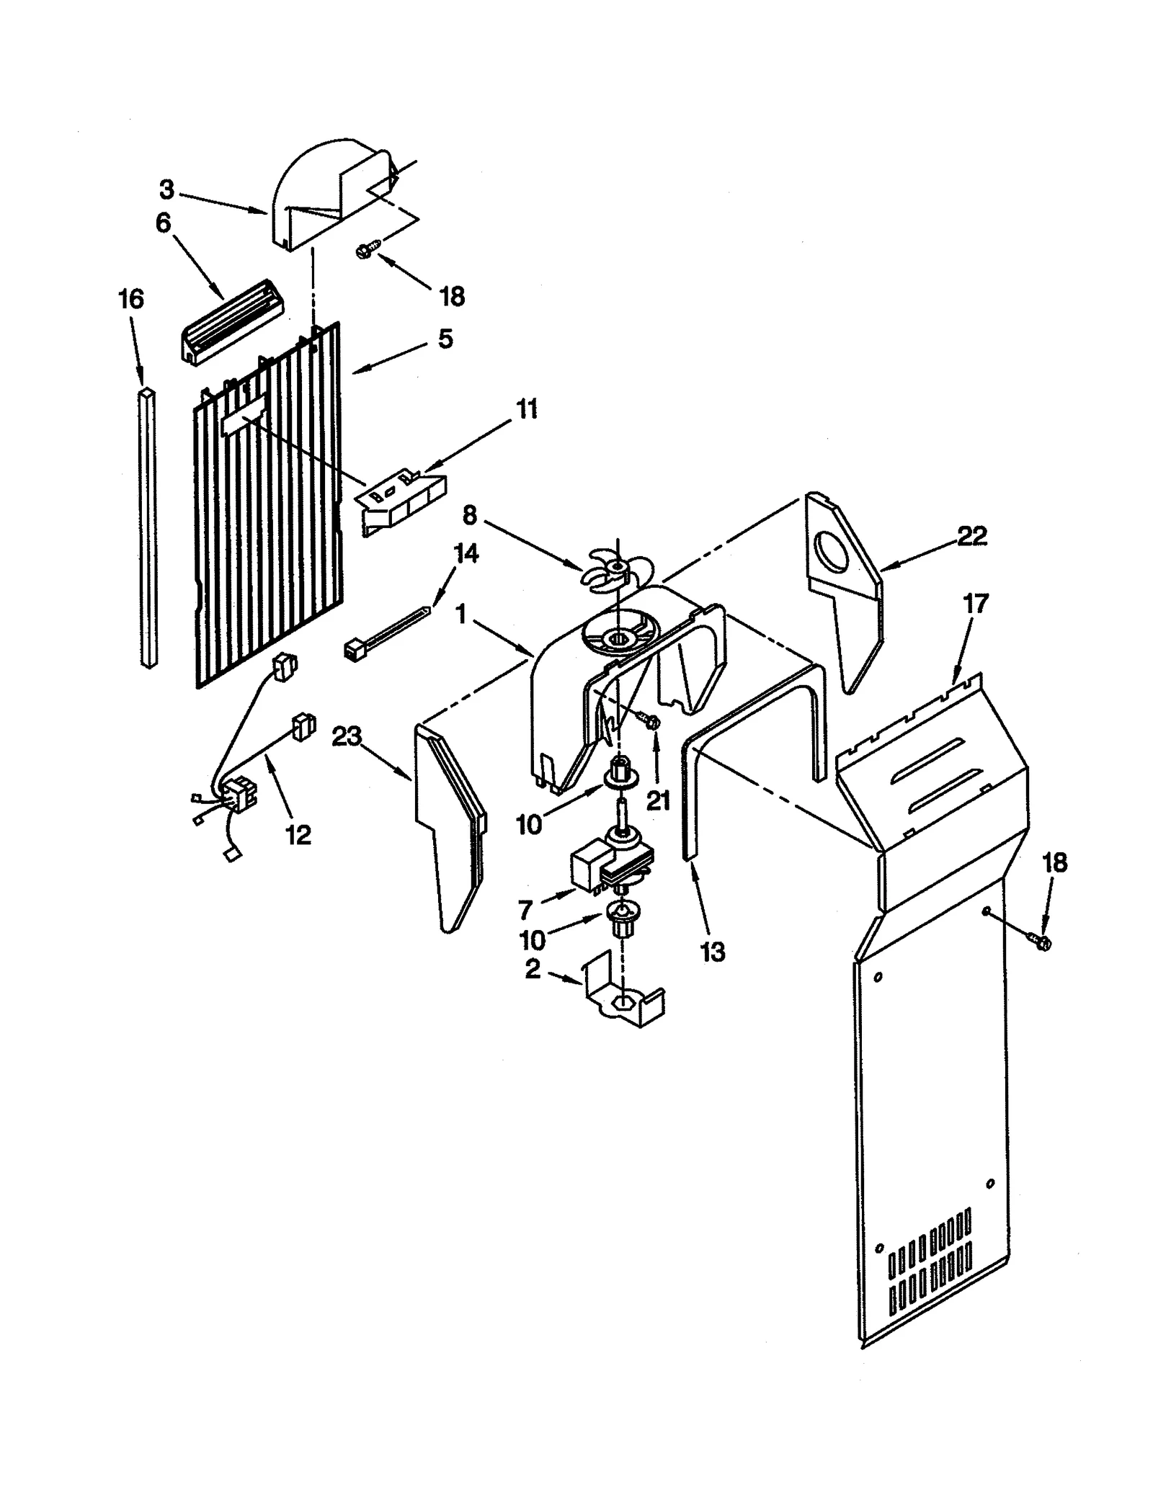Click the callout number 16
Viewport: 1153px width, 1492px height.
(x=131, y=299)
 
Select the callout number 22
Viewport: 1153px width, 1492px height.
(x=972, y=536)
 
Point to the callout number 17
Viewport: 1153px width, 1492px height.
(x=976, y=604)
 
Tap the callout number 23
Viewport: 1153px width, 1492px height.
(x=347, y=737)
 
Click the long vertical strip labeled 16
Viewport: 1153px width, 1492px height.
(x=148, y=527)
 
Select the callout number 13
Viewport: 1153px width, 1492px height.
(x=713, y=952)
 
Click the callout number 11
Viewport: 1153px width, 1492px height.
(x=527, y=409)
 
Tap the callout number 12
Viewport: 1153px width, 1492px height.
(x=298, y=834)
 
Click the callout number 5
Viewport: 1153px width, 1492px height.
(x=445, y=339)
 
